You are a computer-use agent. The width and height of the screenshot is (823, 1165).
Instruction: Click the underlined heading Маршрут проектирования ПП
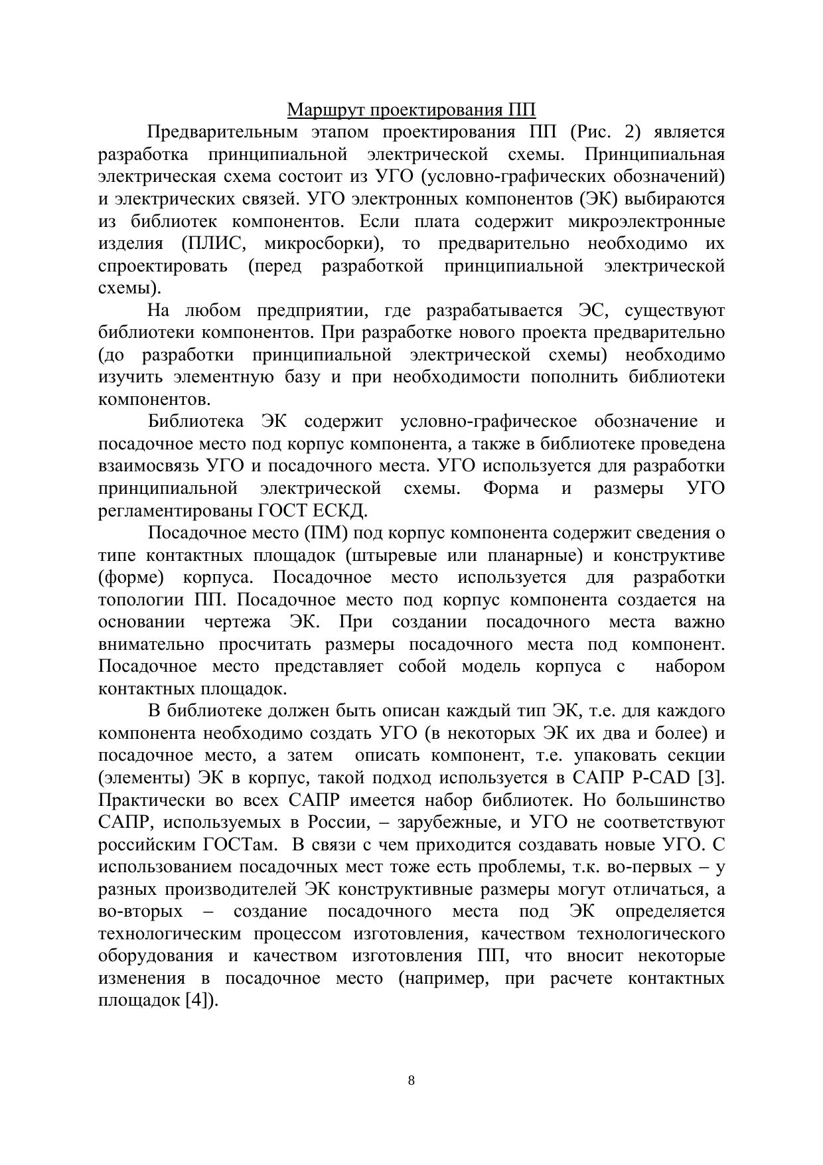[411, 110]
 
